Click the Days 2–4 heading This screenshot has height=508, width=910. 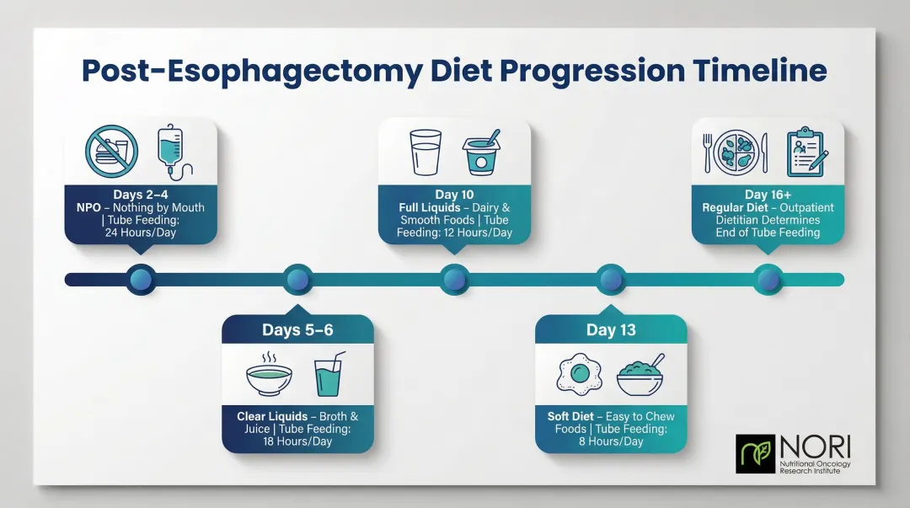pyautogui.click(x=140, y=195)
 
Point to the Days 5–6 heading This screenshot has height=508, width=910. pyautogui.click(x=297, y=329)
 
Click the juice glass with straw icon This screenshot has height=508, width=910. pyautogui.click(x=329, y=375)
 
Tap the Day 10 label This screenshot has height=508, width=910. pyautogui.click(x=454, y=195)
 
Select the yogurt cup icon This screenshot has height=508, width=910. pyautogui.click(x=482, y=152)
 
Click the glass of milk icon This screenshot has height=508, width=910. pyautogui.click(x=426, y=152)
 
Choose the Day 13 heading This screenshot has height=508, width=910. pyautogui.click(x=611, y=329)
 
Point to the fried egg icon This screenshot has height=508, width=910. pyautogui.click(x=579, y=375)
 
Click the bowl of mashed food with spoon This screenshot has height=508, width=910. pyautogui.click(x=640, y=376)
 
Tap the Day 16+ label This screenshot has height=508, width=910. pyautogui.click(x=767, y=195)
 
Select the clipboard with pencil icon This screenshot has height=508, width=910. pyautogui.click(x=806, y=152)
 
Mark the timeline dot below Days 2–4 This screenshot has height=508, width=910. pyautogui.click(x=141, y=279)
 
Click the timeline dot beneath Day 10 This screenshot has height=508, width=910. pyautogui.click(x=454, y=279)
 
